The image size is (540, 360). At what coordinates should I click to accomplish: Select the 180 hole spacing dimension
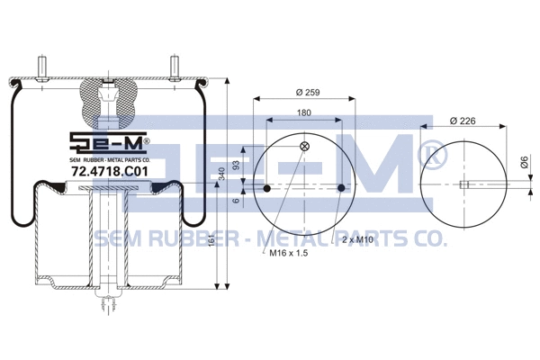[305, 113]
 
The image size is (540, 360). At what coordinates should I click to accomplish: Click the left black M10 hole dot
[267, 188]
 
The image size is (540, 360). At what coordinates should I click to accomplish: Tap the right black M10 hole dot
[343, 188]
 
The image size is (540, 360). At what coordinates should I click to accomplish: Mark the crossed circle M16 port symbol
[304, 147]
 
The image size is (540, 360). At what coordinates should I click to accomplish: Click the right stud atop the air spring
[173, 68]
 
